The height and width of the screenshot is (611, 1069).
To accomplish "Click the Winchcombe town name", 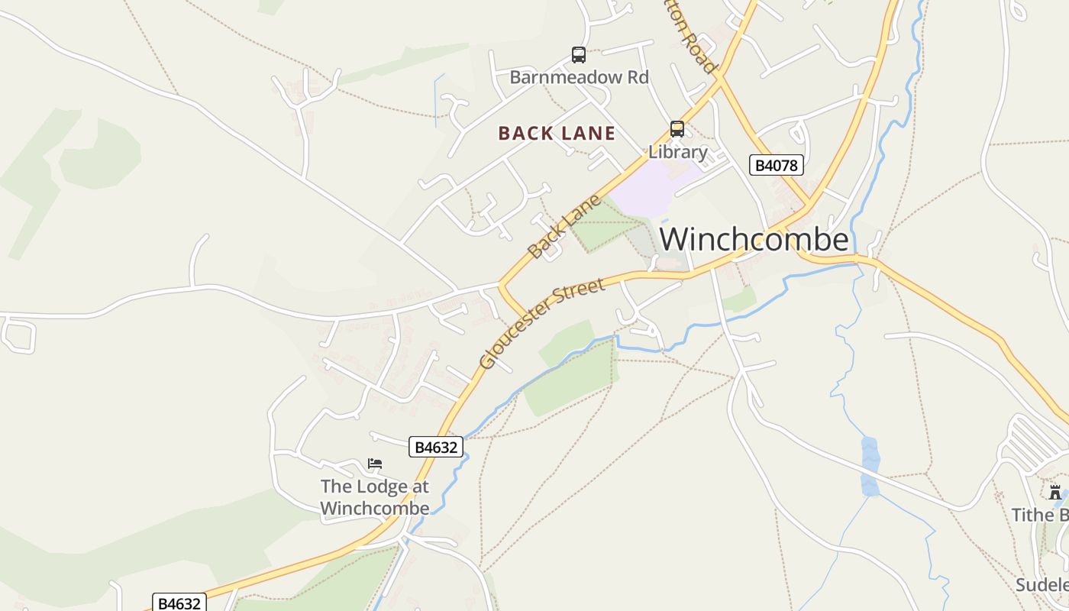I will [754, 240].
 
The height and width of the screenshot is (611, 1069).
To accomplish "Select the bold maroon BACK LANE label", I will [557, 134].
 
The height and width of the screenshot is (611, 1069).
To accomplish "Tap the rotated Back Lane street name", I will [564, 227].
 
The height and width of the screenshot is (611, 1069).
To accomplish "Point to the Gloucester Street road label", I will [542, 324].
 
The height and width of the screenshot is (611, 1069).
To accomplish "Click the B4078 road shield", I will [776, 165].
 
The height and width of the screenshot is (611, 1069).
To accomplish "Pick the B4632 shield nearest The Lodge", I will [436, 447].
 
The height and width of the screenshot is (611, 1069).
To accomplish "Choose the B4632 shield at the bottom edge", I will [179, 603].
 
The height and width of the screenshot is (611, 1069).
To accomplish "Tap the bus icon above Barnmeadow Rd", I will [579, 55].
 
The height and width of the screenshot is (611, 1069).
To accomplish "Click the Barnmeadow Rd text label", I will [579, 77].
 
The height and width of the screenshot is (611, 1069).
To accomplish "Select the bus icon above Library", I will [677, 128].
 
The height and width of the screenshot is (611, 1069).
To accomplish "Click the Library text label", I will [677, 152].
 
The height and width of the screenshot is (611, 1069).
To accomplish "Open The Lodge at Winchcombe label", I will [374, 497].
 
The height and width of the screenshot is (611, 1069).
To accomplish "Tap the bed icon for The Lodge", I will [374, 464].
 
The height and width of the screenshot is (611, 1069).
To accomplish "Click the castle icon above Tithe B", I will [1055, 493].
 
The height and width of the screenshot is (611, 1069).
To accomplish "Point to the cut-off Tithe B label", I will [1039, 516].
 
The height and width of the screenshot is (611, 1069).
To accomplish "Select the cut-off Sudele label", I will [1042, 585].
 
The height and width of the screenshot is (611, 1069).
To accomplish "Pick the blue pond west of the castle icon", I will [870, 466].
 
